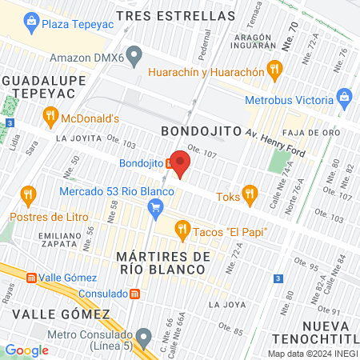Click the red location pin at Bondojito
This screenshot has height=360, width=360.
[181, 164]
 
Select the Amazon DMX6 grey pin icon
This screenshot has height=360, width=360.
[134, 56]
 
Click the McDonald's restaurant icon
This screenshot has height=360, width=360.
[51, 119]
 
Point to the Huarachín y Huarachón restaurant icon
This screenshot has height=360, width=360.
[275, 70]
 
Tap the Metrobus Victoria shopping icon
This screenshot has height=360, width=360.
[345, 100]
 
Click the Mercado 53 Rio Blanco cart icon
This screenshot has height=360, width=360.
[155, 210]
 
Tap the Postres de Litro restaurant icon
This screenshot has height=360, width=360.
[29, 196]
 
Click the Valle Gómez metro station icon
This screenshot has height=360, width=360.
[30, 278]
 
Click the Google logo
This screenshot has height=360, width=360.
[26, 350]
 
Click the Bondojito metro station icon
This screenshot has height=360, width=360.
[170, 162]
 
